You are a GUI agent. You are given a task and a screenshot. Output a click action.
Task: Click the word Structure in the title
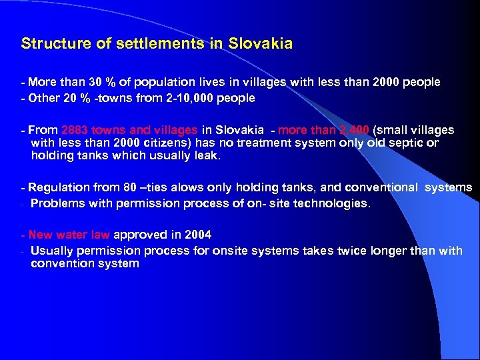click(53, 44)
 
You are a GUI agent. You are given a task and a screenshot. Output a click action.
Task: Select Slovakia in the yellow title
click(260, 44)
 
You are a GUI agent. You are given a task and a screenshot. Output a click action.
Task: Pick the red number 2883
click(75, 130)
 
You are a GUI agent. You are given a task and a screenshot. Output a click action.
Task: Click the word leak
click(206, 157)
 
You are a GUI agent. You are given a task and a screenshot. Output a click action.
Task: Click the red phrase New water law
click(70, 235)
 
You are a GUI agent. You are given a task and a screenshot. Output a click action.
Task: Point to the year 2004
click(199, 235)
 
